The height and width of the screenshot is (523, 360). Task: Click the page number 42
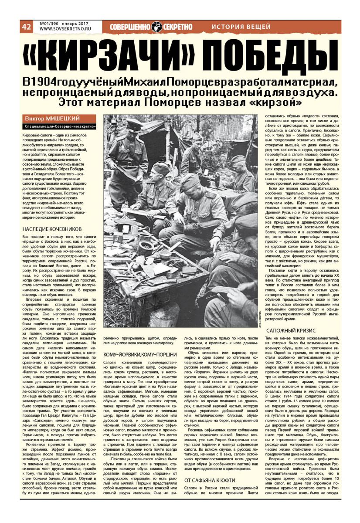pyautogui.click(x=26, y=27)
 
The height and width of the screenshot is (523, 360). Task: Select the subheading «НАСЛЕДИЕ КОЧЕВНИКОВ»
pyautogui.click(x=51, y=228)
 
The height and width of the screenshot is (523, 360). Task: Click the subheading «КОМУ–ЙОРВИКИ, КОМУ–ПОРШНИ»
pyautogui.click(x=140, y=354)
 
